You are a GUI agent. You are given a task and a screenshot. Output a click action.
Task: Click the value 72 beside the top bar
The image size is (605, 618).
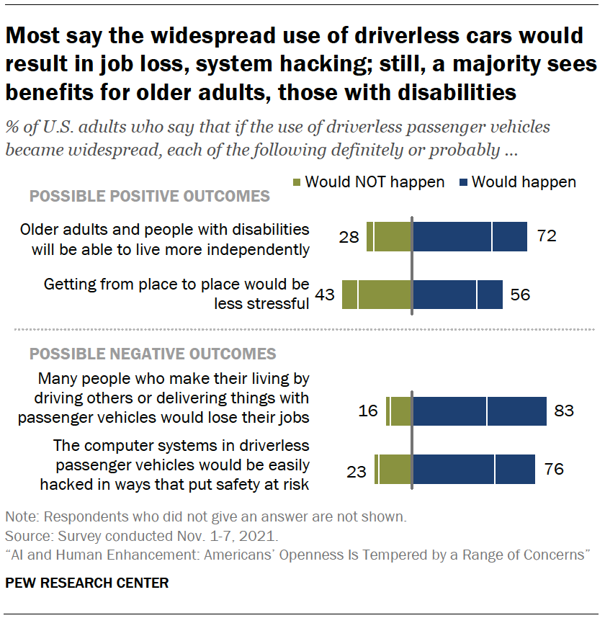[547, 236]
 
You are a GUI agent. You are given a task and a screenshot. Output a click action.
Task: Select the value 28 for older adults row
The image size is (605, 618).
[349, 236]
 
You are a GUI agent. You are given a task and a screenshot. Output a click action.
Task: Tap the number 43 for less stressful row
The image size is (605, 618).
[324, 295]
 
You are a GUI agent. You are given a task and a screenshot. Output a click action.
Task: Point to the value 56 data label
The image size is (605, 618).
[522, 295]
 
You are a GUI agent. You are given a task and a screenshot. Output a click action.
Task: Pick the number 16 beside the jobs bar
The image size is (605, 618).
[368, 411]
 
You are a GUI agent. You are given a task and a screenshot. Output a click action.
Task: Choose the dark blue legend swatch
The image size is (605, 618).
[462, 182]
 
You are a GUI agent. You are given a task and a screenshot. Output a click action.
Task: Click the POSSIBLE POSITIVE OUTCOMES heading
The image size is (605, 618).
[149, 196]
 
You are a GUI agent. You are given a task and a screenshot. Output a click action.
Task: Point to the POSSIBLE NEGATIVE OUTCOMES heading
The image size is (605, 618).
[152, 354]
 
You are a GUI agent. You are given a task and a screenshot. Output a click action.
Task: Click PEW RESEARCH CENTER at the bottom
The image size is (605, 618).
[86, 583]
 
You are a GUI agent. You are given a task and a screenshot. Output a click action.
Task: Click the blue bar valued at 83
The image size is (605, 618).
[479, 411]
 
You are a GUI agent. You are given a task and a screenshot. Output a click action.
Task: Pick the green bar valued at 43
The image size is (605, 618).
[377, 295]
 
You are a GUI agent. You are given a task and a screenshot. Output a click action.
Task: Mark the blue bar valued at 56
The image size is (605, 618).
[457, 295]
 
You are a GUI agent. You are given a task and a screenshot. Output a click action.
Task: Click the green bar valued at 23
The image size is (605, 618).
[393, 470]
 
